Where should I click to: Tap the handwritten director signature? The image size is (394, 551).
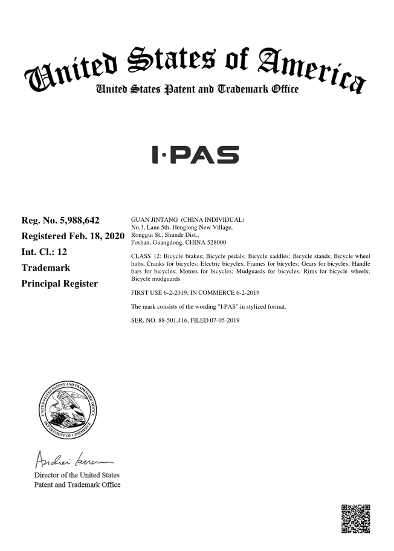pos(69,457)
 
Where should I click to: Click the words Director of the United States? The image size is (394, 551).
pos(77,474)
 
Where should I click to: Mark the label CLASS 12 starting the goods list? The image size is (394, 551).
pos(147,256)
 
